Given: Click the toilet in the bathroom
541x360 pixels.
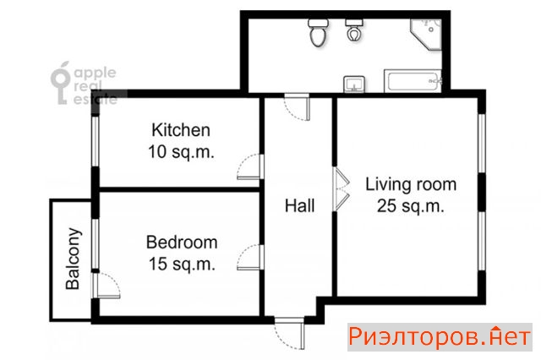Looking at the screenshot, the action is (318, 33).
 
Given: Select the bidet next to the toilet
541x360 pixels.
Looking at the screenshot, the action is (353, 30).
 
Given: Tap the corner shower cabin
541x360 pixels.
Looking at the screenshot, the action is (426, 35).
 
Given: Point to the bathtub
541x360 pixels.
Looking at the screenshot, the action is (413, 81).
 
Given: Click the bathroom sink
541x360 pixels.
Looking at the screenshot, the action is (354, 85).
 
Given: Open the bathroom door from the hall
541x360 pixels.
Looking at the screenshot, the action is (297, 106).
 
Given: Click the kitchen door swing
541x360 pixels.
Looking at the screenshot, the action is (250, 166).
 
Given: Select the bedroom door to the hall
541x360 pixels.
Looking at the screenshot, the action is (250, 258).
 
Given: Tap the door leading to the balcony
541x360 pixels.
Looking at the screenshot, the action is (106, 286).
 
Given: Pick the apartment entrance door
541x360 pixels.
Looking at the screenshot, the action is (290, 334).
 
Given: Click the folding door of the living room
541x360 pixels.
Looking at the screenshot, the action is (342, 189).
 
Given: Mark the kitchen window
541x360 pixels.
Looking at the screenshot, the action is (96, 142).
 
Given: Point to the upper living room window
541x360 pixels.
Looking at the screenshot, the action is (481, 143).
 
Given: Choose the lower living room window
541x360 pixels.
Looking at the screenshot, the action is (481, 241).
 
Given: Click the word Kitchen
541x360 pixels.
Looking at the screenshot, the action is (181, 130).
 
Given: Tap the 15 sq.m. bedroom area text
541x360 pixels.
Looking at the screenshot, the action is (182, 265).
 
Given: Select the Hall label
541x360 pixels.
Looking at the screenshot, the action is (299, 206).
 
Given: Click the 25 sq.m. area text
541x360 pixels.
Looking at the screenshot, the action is (410, 206).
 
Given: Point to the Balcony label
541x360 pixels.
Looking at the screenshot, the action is (74, 259).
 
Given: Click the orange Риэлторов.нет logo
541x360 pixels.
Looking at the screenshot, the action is (440, 337).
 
